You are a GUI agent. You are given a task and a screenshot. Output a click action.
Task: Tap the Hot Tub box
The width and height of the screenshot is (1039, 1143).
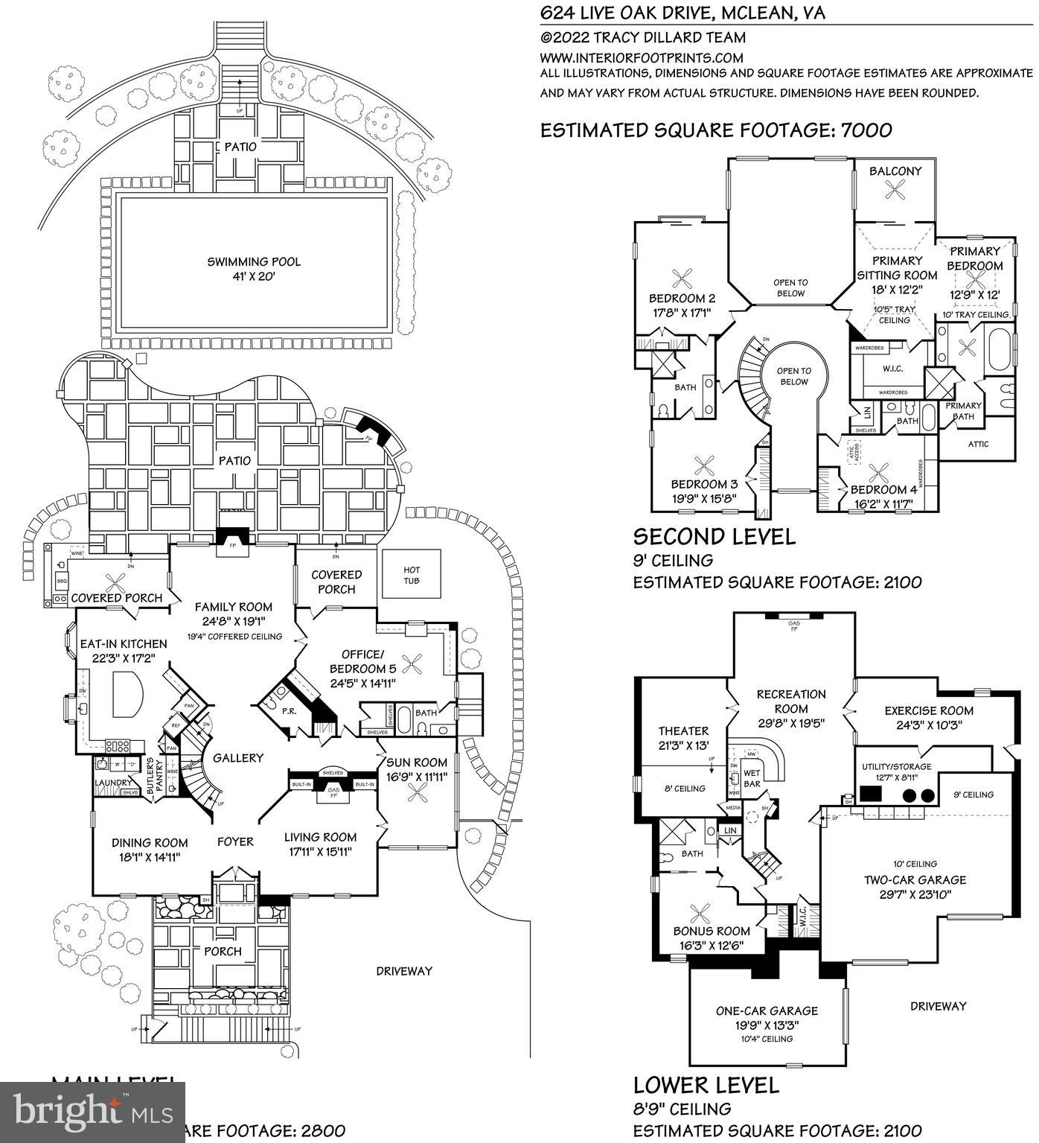point(412,575)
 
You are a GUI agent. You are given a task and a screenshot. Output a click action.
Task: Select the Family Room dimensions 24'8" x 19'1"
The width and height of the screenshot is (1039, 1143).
point(234,621)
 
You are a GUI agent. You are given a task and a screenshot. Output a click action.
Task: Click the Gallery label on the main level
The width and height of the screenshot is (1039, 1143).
point(238,757)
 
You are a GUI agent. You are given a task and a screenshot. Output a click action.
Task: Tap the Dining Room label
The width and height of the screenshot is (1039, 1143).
point(150,843)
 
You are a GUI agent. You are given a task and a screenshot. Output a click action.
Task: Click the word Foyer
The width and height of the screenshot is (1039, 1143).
point(235,841)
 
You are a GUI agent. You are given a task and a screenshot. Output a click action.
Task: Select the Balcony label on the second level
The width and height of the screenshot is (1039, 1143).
point(895,171)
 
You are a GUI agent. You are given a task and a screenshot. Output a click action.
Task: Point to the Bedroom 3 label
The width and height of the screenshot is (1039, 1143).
point(704,484)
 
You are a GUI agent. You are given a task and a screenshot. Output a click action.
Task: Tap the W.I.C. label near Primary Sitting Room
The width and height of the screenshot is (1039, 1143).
point(892,369)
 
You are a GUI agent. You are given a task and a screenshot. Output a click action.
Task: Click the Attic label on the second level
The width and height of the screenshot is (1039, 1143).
point(979,444)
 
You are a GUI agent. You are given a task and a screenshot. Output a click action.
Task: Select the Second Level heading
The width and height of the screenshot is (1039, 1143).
point(714,536)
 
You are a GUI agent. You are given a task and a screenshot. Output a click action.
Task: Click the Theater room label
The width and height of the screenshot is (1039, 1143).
point(683,730)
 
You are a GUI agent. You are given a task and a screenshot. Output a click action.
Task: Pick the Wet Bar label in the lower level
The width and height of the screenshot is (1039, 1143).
point(752,778)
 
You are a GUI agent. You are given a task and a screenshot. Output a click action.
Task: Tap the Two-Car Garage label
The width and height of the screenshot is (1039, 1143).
point(915,880)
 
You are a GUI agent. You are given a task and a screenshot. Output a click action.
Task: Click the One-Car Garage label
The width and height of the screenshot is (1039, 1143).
point(767,1010)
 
